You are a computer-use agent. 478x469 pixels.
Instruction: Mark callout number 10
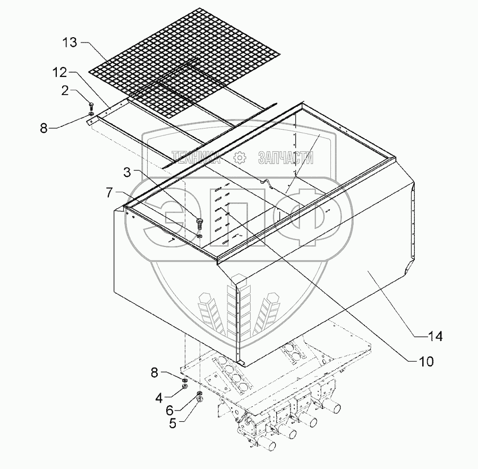click(427, 362)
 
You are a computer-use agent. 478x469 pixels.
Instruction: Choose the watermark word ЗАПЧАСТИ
click(285, 157)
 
